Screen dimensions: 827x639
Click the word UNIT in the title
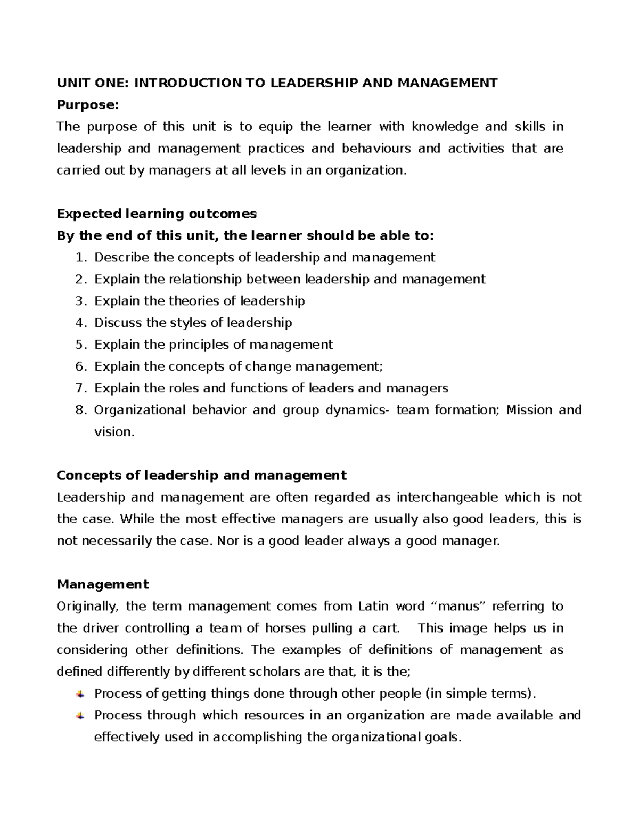[x=71, y=83]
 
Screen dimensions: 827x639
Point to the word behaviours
[x=376, y=149]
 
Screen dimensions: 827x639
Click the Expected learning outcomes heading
[x=157, y=214]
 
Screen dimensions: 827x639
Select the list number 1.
[x=80, y=258]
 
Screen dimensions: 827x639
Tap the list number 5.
[x=80, y=345]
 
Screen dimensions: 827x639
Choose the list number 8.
[x=80, y=411]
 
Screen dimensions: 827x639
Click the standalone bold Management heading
[x=103, y=584]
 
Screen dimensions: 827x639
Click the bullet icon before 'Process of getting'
[x=80, y=694]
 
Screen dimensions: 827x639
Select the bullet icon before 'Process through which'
[x=80, y=716]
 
